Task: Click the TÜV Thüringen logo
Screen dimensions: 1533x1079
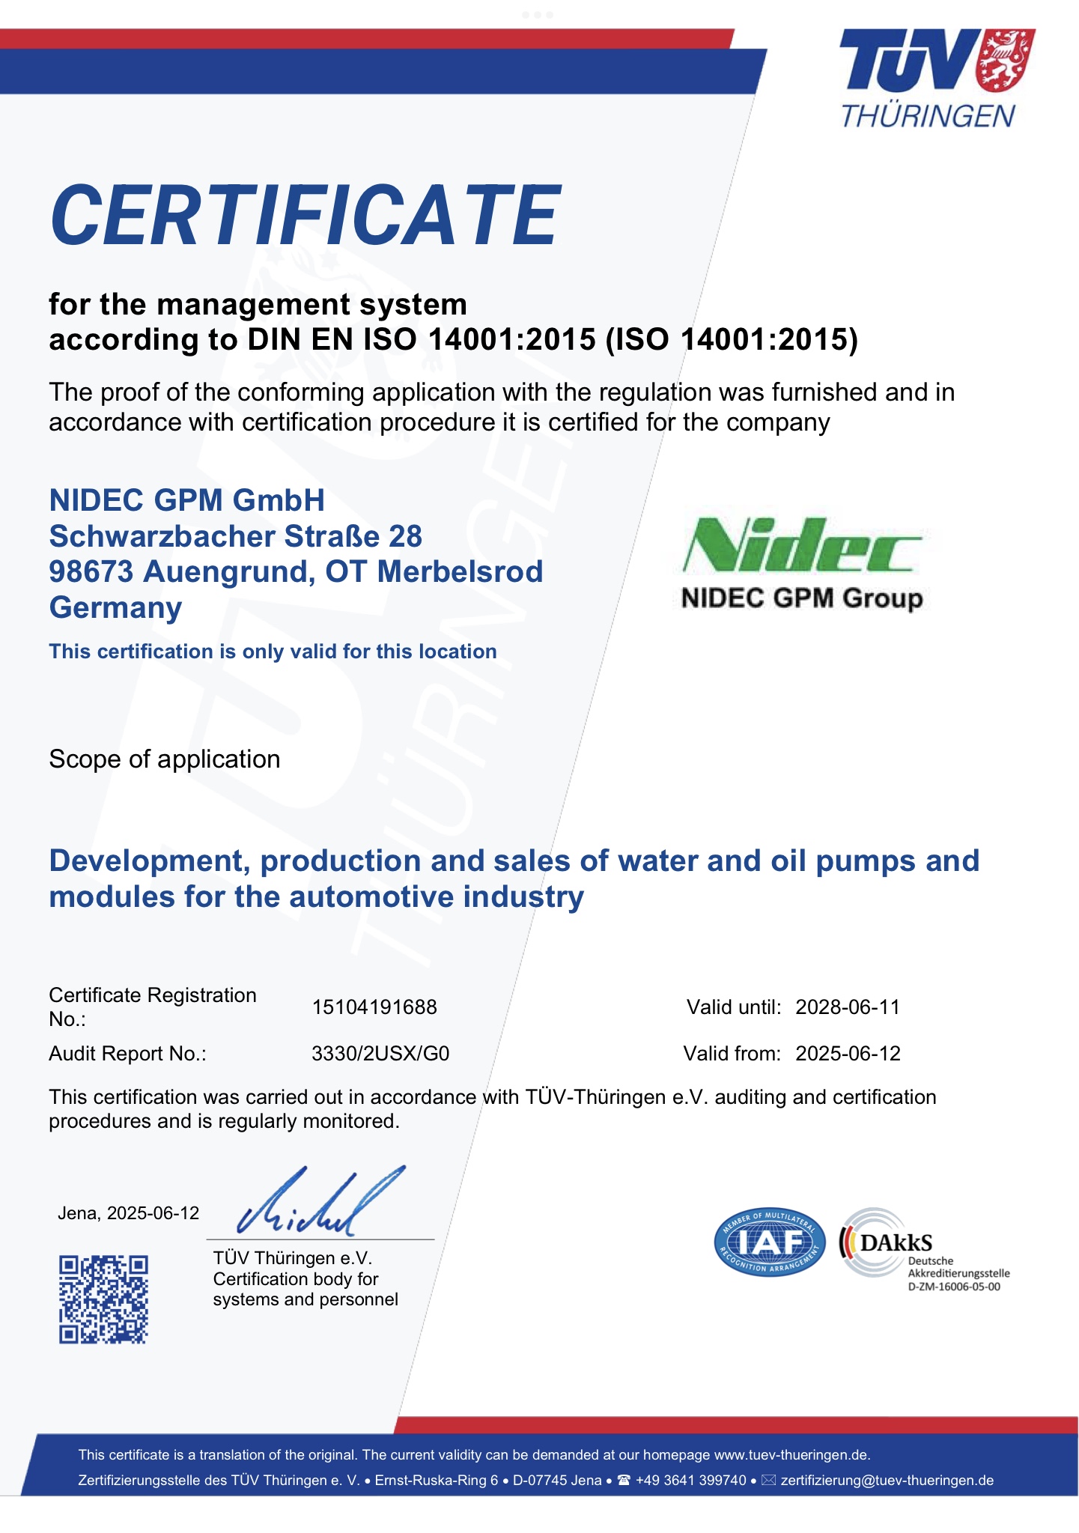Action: coord(936,78)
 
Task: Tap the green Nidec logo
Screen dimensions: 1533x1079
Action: coord(802,545)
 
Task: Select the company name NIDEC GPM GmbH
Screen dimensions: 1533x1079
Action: coord(187,500)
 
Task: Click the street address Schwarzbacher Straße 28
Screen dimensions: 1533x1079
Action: coord(235,536)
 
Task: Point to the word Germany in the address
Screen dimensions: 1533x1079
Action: coord(115,607)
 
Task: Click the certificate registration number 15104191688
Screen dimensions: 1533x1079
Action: coord(374,1007)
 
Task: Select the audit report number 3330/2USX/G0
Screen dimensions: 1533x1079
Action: coord(380,1054)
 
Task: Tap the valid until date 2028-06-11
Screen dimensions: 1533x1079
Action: coord(848,1007)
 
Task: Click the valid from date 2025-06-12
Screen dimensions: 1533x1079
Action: coord(848,1054)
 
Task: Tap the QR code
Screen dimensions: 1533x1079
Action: coord(103,1299)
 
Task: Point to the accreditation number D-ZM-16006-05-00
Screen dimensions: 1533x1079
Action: coord(953,1287)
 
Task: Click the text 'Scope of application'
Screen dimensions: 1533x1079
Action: coord(165,759)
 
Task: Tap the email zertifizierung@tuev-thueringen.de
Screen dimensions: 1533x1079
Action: coord(887,1480)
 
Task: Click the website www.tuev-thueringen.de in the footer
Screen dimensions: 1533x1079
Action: coord(791,1454)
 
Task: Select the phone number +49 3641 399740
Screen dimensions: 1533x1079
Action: coord(690,1480)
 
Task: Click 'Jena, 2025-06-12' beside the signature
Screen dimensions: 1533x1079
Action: coord(128,1213)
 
